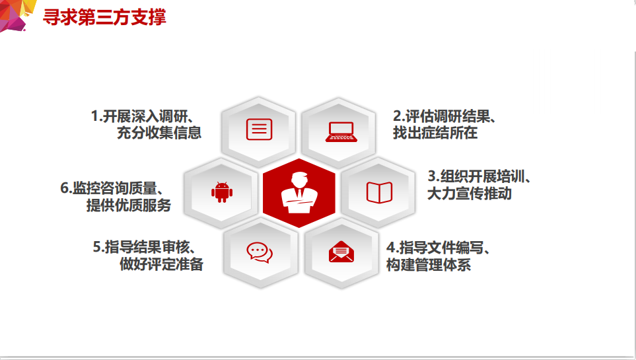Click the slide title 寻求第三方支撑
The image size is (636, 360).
pyautogui.click(x=104, y=17)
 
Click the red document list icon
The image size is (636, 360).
pyautogui.click(x=259, y=129)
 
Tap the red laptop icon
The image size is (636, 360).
pyautogui.click(x=341, y=132)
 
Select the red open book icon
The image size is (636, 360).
pyautogui.click(x=379, y=192)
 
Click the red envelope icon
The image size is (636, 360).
pyautogui.click(x=341, y=252)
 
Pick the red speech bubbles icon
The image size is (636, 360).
pyautogui.click(x=260, y=252)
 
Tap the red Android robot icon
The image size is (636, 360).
pyautogui.click(x=222, y=192)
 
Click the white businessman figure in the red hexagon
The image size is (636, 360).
pyautogui.click(x=299, y=193)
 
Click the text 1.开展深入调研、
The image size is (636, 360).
pyautogui.click(x=143, y=116)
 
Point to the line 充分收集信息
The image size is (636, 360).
pyautogui.click(x=159, y=133)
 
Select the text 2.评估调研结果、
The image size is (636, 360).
pyautogui.click(x=444, y=116)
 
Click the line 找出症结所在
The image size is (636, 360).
pyautogui.click(x=435, y=133)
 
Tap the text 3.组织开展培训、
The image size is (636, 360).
pyautogui.click(x=479, y=176)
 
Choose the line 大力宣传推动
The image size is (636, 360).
pyautogui.click(x=470, y=193)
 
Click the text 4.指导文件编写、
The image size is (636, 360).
pyautogui.click(x=438, y=248)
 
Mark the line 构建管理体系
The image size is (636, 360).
pyautogui.click(x=429, y=265)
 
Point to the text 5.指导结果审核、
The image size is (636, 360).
pyautogui.click(x=145, y=247)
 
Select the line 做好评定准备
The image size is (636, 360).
pyautogui.click(x=161, y=264)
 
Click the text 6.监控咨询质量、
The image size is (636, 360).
pyautogui.click(x=112, y=188)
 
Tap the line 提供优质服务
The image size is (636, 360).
pyautogui.click(x=129, y=205)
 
